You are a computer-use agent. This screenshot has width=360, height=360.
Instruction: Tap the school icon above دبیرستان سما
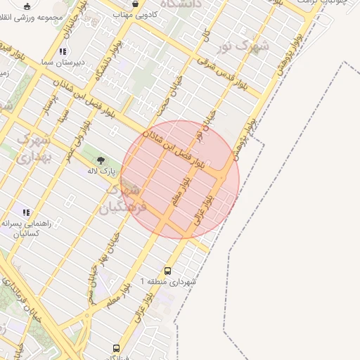63,51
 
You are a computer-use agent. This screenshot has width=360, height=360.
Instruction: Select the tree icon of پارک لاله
101,160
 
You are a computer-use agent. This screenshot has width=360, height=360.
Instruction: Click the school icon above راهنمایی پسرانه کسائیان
26,212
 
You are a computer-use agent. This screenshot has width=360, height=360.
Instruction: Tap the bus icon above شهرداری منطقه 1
167,270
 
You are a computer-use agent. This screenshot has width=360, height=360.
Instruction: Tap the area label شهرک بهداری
32,148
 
